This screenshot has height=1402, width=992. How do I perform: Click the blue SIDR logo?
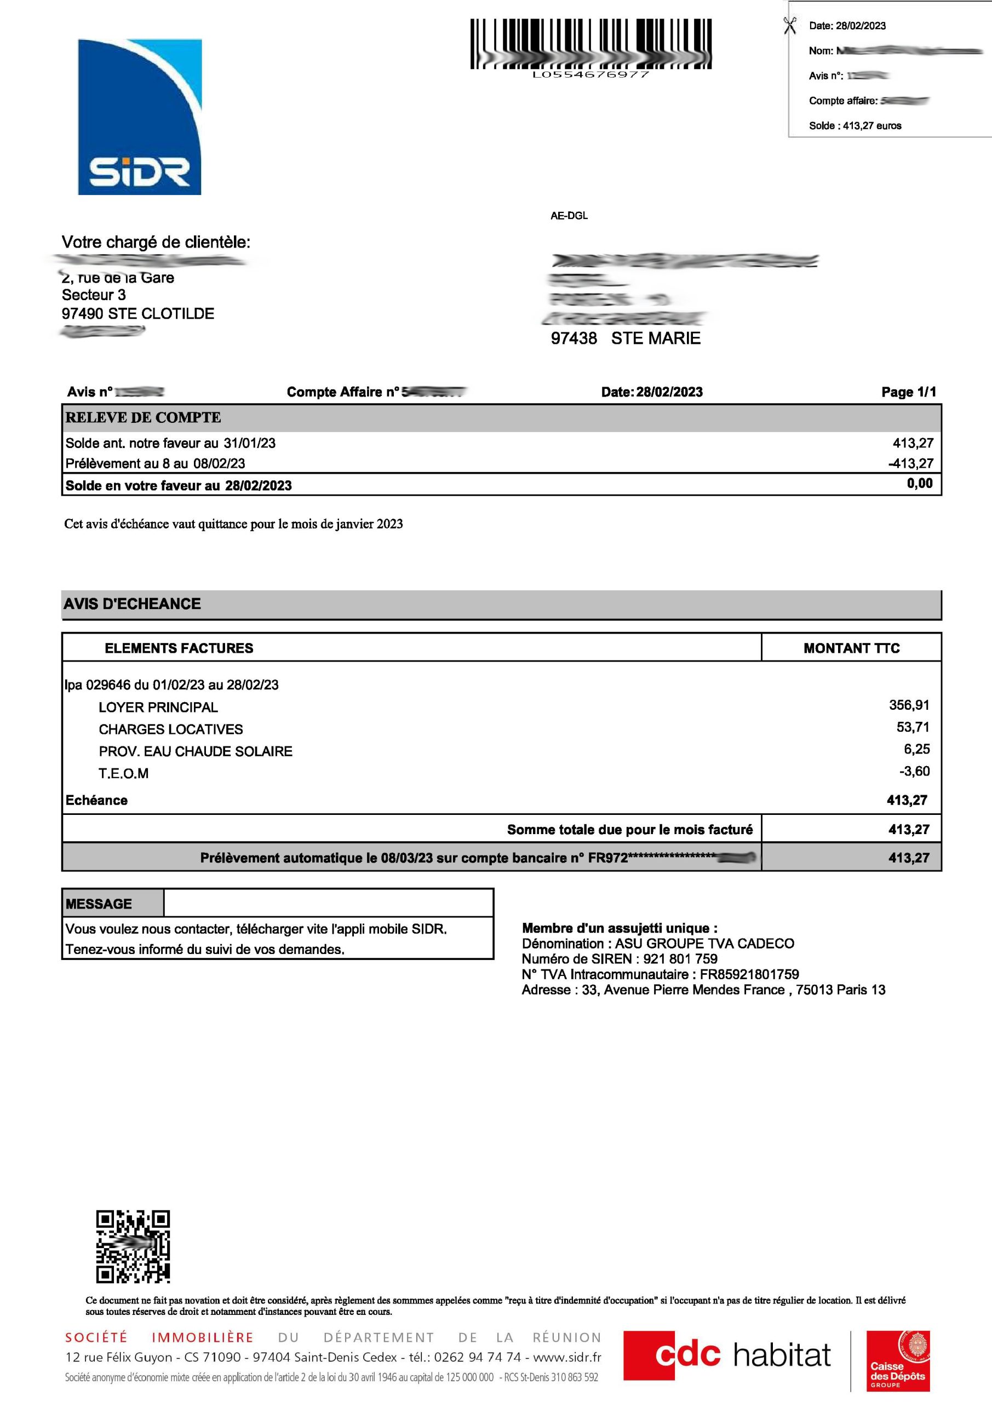click(140, 117)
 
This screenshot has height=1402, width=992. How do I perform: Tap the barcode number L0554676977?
click(590, 74)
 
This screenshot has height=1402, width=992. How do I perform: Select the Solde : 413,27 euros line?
click(855, 126)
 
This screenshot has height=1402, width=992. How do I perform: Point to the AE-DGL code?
click(569, 216)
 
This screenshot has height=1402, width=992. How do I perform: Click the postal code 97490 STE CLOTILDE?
click(138, 314)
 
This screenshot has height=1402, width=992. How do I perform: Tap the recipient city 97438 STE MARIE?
click(625, 338)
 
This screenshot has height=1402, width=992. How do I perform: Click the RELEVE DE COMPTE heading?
click(143, 418)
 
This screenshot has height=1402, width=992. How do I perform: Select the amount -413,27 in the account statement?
click(911, 463)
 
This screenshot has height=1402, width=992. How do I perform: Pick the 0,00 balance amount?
click(919, 484)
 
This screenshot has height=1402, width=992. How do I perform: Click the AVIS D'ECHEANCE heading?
click(132, 604)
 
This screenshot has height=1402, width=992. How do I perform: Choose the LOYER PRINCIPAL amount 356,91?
click(909, 705)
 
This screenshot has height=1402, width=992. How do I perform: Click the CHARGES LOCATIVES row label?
click(170, 729)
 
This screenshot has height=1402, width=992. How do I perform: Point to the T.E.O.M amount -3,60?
click(914, 771)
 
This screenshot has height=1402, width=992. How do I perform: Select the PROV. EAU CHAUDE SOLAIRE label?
click(196, 751)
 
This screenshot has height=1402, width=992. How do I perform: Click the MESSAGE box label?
click(99, 904)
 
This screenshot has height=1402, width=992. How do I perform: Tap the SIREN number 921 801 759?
click(680, 959)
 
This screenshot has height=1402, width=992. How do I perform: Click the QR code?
click(133, 1246)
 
